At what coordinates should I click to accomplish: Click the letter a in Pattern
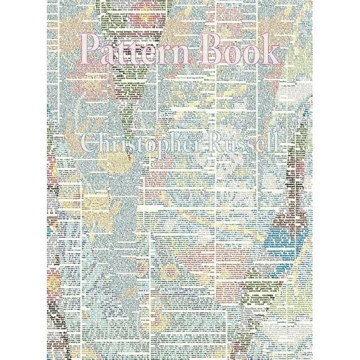coord(111,49)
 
